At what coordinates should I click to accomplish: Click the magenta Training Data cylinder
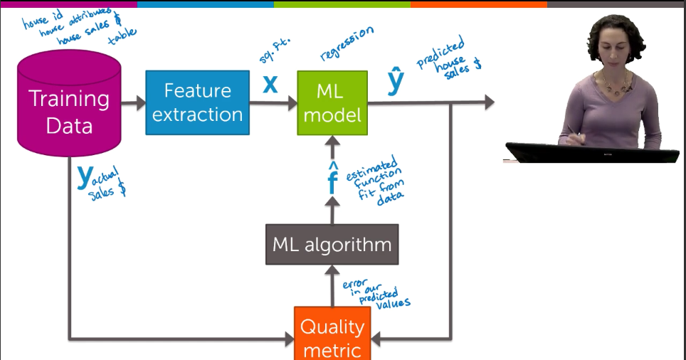point(69,107)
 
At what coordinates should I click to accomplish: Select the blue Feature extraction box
point(197,102)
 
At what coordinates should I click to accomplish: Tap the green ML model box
point(332,102)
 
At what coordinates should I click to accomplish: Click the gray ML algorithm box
point(332,245)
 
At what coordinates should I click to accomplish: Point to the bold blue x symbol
point(270,85)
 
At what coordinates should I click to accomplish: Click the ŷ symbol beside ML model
point(396,83)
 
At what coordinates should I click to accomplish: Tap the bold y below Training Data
point(85,176)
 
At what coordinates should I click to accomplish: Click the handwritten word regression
point(347,43)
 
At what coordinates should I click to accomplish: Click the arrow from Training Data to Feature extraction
point(133,103)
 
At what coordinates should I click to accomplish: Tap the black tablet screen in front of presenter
point(590,152)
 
